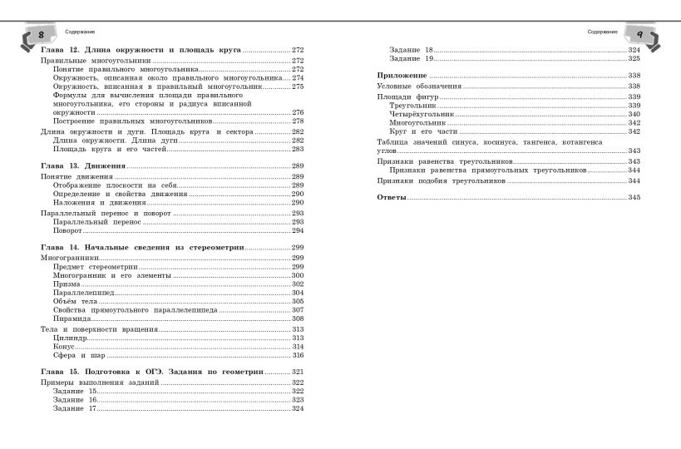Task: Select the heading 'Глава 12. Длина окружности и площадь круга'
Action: tap(141, 50)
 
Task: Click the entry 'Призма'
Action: tap(67, 284)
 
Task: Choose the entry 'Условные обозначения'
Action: tap(419, 86)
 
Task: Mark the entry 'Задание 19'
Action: tap(412, 59)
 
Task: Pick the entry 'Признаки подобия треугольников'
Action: tap(441, 180)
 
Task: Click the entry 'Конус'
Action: tap(65, 347)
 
